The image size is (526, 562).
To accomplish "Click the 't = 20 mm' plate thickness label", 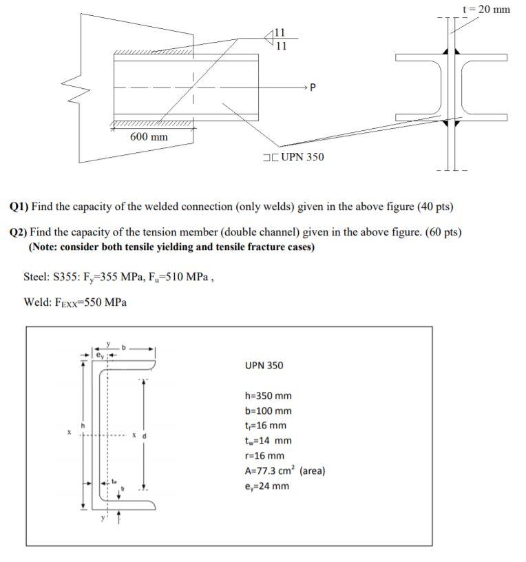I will coord(487,10).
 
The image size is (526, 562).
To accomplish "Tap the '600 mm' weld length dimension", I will coord(149,137).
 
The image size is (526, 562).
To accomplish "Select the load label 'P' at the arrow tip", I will coord(313,88).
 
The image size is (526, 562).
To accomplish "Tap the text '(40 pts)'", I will coord(436,207).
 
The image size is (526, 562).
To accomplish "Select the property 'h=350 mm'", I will coord(268,396).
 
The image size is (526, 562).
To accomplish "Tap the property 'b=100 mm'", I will coord(268,410).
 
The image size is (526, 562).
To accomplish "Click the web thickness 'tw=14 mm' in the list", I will coord(268,441).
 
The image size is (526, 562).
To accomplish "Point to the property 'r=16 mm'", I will coord(264,456).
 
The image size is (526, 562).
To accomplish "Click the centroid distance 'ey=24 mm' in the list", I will coord(266,486).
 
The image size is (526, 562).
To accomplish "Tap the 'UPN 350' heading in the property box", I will coord(264,365).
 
